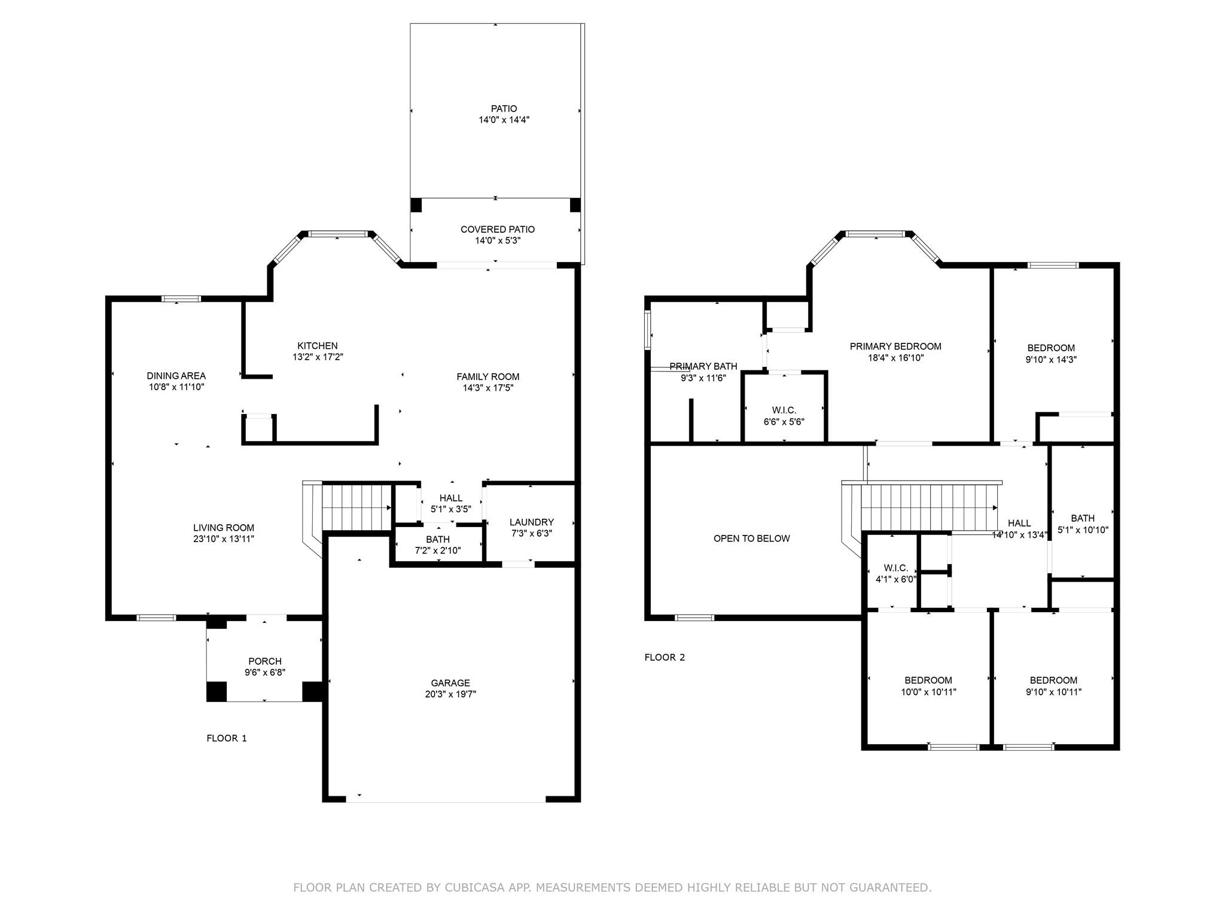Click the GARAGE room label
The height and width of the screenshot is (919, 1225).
click(450, 683)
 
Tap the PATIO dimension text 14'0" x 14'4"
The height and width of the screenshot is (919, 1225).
click(504, 120)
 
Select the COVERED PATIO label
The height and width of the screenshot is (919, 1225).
click(498, 229)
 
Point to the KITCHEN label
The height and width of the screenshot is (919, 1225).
click(318, 346)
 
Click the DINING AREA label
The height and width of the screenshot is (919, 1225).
click(176, 376)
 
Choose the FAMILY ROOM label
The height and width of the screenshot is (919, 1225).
click(488, 376)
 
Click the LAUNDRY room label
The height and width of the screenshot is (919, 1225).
click(532, 522)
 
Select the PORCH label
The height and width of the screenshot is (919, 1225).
click(265, 661)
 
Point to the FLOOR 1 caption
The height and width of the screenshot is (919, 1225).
click(227, 738)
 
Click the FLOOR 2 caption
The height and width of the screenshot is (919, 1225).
click(665, 658)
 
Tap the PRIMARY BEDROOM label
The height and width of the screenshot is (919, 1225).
click(895, 346)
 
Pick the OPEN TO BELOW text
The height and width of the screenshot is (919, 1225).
click(752, 538)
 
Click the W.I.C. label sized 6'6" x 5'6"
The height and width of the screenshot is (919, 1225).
click(784, 410)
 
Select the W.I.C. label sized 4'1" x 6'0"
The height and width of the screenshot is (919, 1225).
click(896, 568)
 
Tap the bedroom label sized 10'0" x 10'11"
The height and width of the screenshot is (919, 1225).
click(928, 680)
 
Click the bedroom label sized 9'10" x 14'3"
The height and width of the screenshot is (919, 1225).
click(1051, 348)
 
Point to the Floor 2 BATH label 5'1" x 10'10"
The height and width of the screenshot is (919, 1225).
click(1083, 518)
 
